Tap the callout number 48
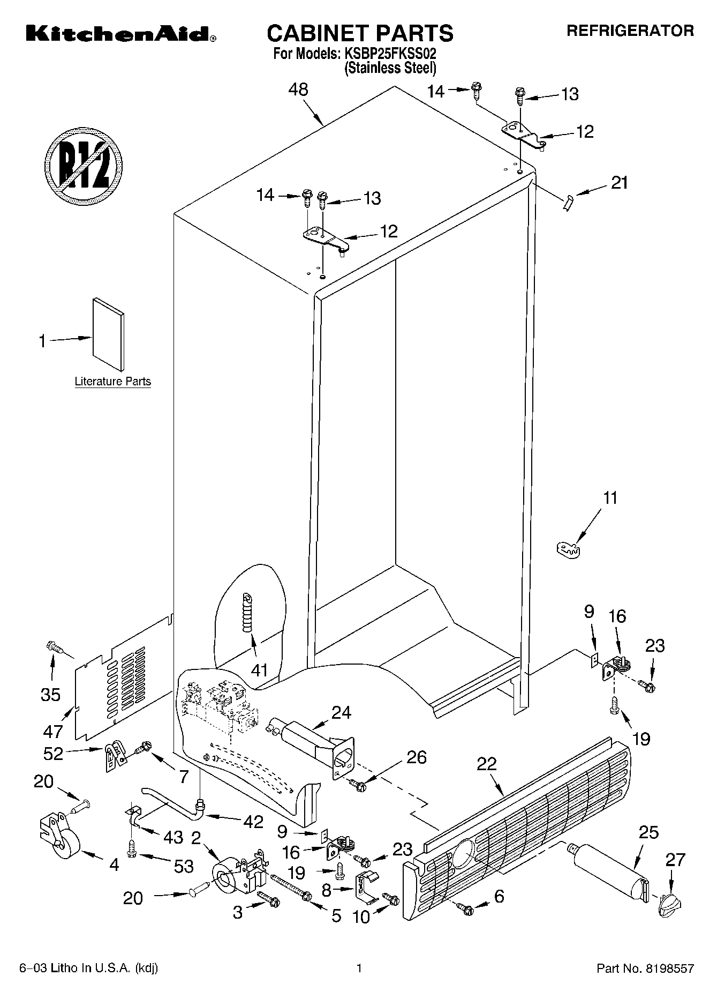[x=298, y=90]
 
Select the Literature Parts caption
[x=112, y=382]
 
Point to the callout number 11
[x=610, y=497]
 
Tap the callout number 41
[x=260, y=670]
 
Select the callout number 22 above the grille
[x=487, y=764]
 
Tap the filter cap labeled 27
[x=670, y=905]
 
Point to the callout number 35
[x=51, y=695]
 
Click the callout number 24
[x=341, y=712]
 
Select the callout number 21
[x=619, y=183]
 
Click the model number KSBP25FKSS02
[x=390, y=54]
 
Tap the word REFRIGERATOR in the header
[x=630, y=31]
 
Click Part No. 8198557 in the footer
[x=645, y=968]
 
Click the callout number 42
[x=253, y=821]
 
